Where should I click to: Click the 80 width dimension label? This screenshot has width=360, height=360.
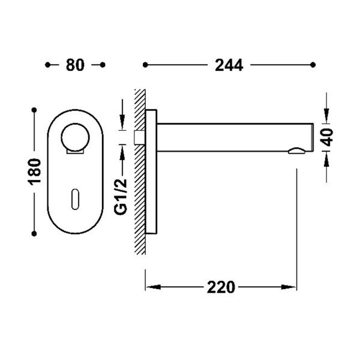tap(75, 65)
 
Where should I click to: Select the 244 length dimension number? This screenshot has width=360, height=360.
tap(229, 65)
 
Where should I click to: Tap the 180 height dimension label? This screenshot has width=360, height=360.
tap(34, 172)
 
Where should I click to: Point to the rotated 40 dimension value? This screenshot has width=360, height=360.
tap(327, 137)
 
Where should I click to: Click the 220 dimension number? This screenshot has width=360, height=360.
tap(221, 287)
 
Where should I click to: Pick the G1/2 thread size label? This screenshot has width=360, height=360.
tap(121, 196)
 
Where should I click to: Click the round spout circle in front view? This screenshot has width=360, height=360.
tap(75, 137)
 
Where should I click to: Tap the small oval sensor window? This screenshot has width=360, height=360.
tap(76, 199)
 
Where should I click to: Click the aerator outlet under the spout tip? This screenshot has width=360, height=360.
tap(296, 151)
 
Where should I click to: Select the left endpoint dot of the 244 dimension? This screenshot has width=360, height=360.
tap(145, 65)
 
